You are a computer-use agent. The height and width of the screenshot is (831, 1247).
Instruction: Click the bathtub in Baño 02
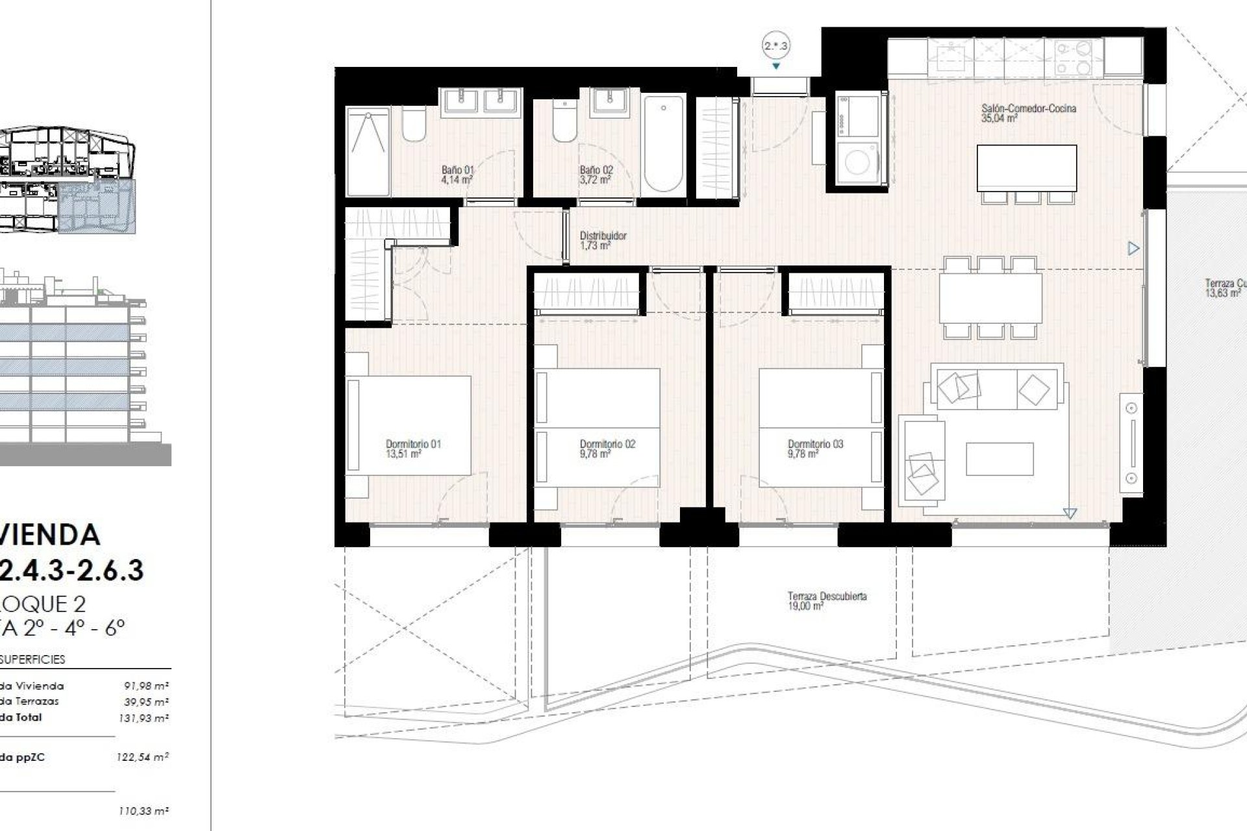663,143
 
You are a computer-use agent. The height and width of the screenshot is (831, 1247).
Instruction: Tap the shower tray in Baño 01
368,151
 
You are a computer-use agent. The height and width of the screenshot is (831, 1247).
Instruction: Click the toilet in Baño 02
565,123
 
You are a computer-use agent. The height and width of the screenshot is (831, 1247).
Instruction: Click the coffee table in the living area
999,459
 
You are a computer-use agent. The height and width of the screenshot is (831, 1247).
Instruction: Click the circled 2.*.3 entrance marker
775,46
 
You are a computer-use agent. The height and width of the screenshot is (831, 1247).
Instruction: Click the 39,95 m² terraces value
147,701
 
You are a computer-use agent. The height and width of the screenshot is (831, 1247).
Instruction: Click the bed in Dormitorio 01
408,425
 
